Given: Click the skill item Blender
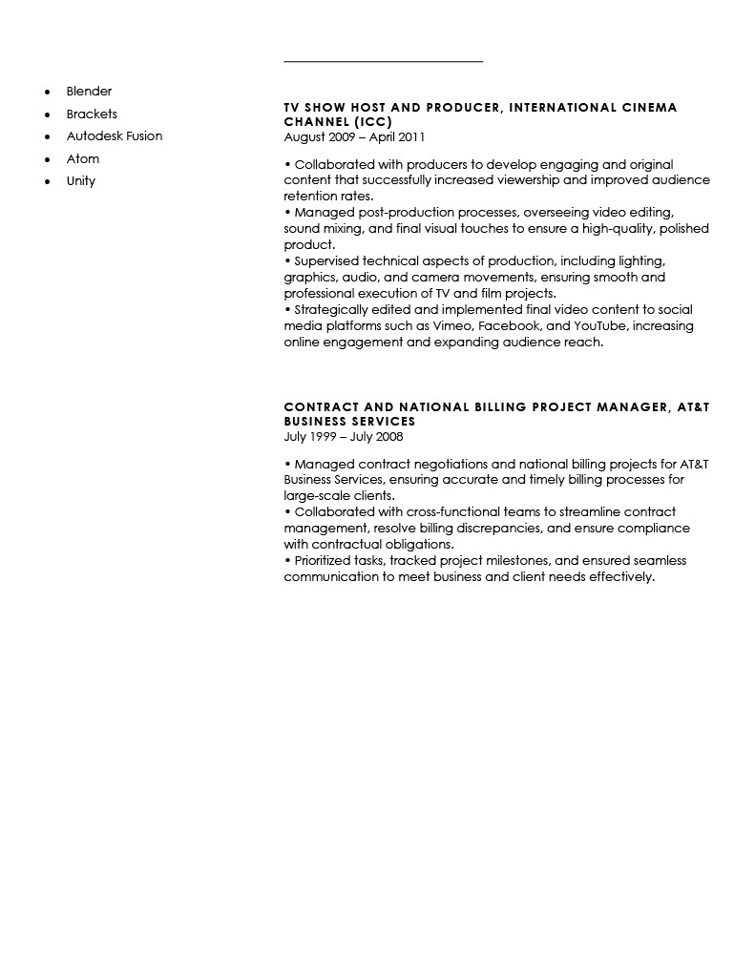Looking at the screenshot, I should [x=89, y=92].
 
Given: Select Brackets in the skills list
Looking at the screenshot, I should [x=92, y=114].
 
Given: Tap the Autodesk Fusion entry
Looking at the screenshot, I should [x=115, y=136].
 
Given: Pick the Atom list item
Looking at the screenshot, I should [x=83, y=158].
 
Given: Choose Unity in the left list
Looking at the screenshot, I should [x=81, y=181].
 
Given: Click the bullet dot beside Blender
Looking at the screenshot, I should [x=47, y=93].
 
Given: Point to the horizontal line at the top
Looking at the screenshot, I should [x=383, y=62].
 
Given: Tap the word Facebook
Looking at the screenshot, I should [x=510, y=326].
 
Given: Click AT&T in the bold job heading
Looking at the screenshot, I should [x=693, y=407].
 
